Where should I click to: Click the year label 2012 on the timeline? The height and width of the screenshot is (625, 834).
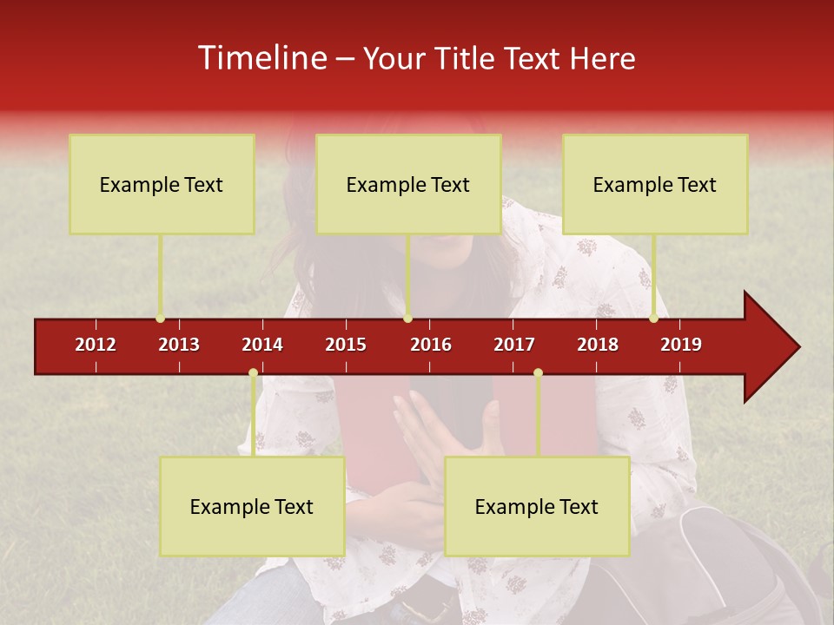tap(96, 345)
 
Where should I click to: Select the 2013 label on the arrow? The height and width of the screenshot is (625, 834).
tap(179, 345)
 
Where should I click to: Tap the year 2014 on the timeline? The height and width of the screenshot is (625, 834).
tap(262, 345)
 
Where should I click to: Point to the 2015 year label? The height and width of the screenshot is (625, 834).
tap(346, 345)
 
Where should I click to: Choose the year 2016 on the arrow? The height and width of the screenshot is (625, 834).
tap(431, 345)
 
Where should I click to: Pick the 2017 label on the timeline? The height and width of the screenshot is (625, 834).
tap(514, 345)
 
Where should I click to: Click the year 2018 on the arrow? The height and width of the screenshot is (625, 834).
tap(598, 345)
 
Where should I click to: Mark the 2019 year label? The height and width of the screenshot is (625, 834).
tap(681, 345)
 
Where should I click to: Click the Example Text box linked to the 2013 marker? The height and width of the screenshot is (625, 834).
tap(162, 184)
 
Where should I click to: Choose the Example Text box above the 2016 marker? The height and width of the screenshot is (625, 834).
tap(408, 184)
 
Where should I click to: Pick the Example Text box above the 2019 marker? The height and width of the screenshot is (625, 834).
tap(655, 184)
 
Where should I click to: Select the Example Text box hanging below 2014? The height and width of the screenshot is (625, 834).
tap(252, 506)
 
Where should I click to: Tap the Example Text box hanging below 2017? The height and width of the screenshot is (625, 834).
tap(537, 506)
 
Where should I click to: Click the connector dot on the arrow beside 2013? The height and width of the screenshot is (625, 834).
tap(160, 319)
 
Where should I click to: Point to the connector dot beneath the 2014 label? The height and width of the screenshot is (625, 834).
tap(253, 373)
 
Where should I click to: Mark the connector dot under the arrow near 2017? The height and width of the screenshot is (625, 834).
tap(538, 373)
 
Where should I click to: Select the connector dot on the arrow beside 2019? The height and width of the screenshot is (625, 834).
tap(653, 319)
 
